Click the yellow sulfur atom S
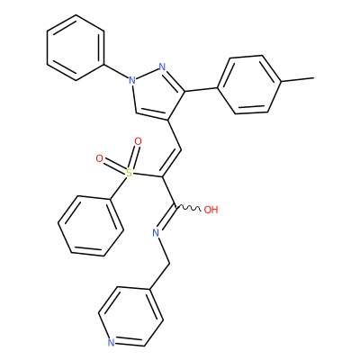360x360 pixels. [129, 173]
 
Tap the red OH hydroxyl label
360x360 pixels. [211, 210]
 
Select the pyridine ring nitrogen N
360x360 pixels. [112, 343]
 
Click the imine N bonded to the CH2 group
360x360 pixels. [156, 232]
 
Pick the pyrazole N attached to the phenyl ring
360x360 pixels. [131, 80]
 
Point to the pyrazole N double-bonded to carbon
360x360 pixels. [162, 67]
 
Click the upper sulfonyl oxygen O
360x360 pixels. [138, 141]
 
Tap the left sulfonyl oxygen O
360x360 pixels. [99, 158]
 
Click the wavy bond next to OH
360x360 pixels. [188, 208]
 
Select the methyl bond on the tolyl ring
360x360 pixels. [298, 79]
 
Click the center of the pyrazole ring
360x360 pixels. [157, 93]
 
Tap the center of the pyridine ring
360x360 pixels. [131, 317]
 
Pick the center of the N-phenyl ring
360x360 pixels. [76, 48]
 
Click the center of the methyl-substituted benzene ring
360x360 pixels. [249, 85]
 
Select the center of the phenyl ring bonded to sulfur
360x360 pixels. [91, 226]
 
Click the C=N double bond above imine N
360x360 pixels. [166, 219]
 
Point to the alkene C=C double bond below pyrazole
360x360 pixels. [171, 163]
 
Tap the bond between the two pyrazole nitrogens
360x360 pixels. [147, 74]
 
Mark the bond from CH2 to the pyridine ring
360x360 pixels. [159, 276]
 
